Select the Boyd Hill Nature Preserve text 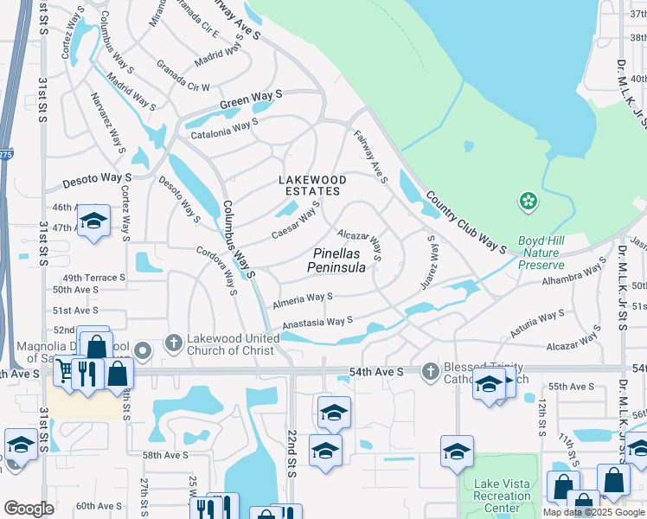[x=541, y=253]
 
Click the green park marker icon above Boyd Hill [x=527, y=202]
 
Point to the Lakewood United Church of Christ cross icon [x=173, y=343]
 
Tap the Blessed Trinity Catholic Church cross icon [x=429, y=371]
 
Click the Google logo [x=28, y=509]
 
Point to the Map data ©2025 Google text [x=594, y=512]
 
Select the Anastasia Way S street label [x=316, y=323]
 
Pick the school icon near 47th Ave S [x=93, y=220]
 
